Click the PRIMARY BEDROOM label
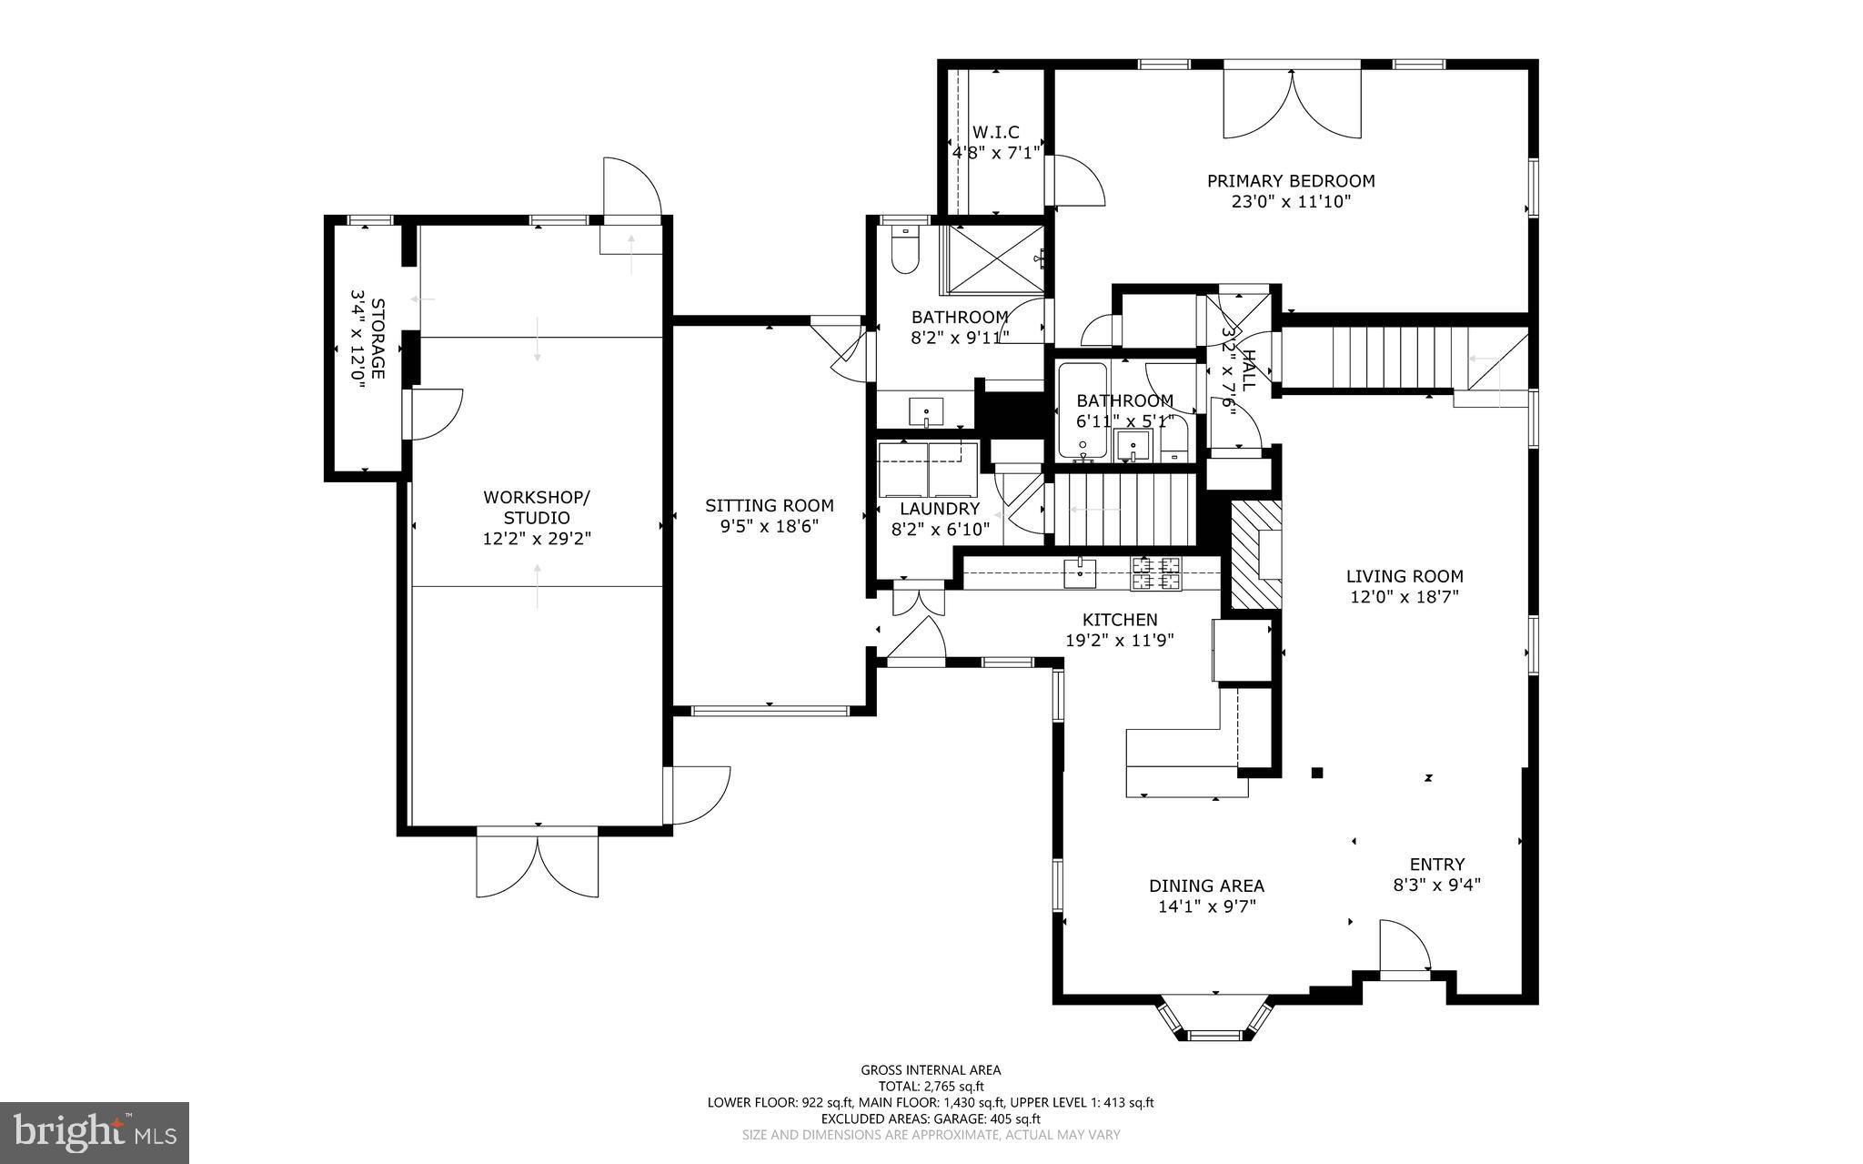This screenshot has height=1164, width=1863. click(1290, 181)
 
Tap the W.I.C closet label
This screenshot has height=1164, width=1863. click(995, 132)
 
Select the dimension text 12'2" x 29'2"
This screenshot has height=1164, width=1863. click(537, 539)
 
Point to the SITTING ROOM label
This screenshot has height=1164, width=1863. click(769, 506)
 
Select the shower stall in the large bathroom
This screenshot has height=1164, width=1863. click(995, 258)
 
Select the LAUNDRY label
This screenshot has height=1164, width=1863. click(940, 509)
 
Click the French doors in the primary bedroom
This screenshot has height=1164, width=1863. click(1292, 102)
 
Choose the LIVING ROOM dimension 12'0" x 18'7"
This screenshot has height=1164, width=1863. click(1405, 597)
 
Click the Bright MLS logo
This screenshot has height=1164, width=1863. click(95, 1131)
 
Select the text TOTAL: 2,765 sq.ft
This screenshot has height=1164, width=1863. click(931, 1086)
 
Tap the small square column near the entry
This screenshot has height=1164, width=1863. click(1316, 774)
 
